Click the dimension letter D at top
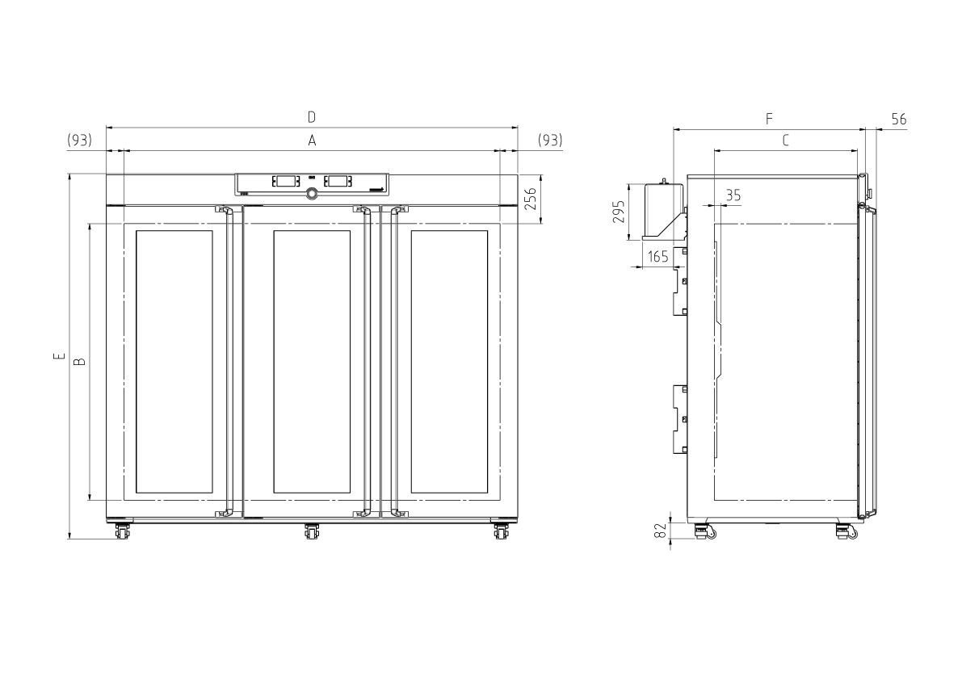point(312,116)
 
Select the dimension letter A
point(312,141)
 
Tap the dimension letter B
point(80,362)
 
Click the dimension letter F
point(769,119)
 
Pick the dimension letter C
point(785,141)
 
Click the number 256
point(531,199)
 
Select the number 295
point(619,212)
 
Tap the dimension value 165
point(657,256)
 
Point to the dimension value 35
point(733,195)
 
